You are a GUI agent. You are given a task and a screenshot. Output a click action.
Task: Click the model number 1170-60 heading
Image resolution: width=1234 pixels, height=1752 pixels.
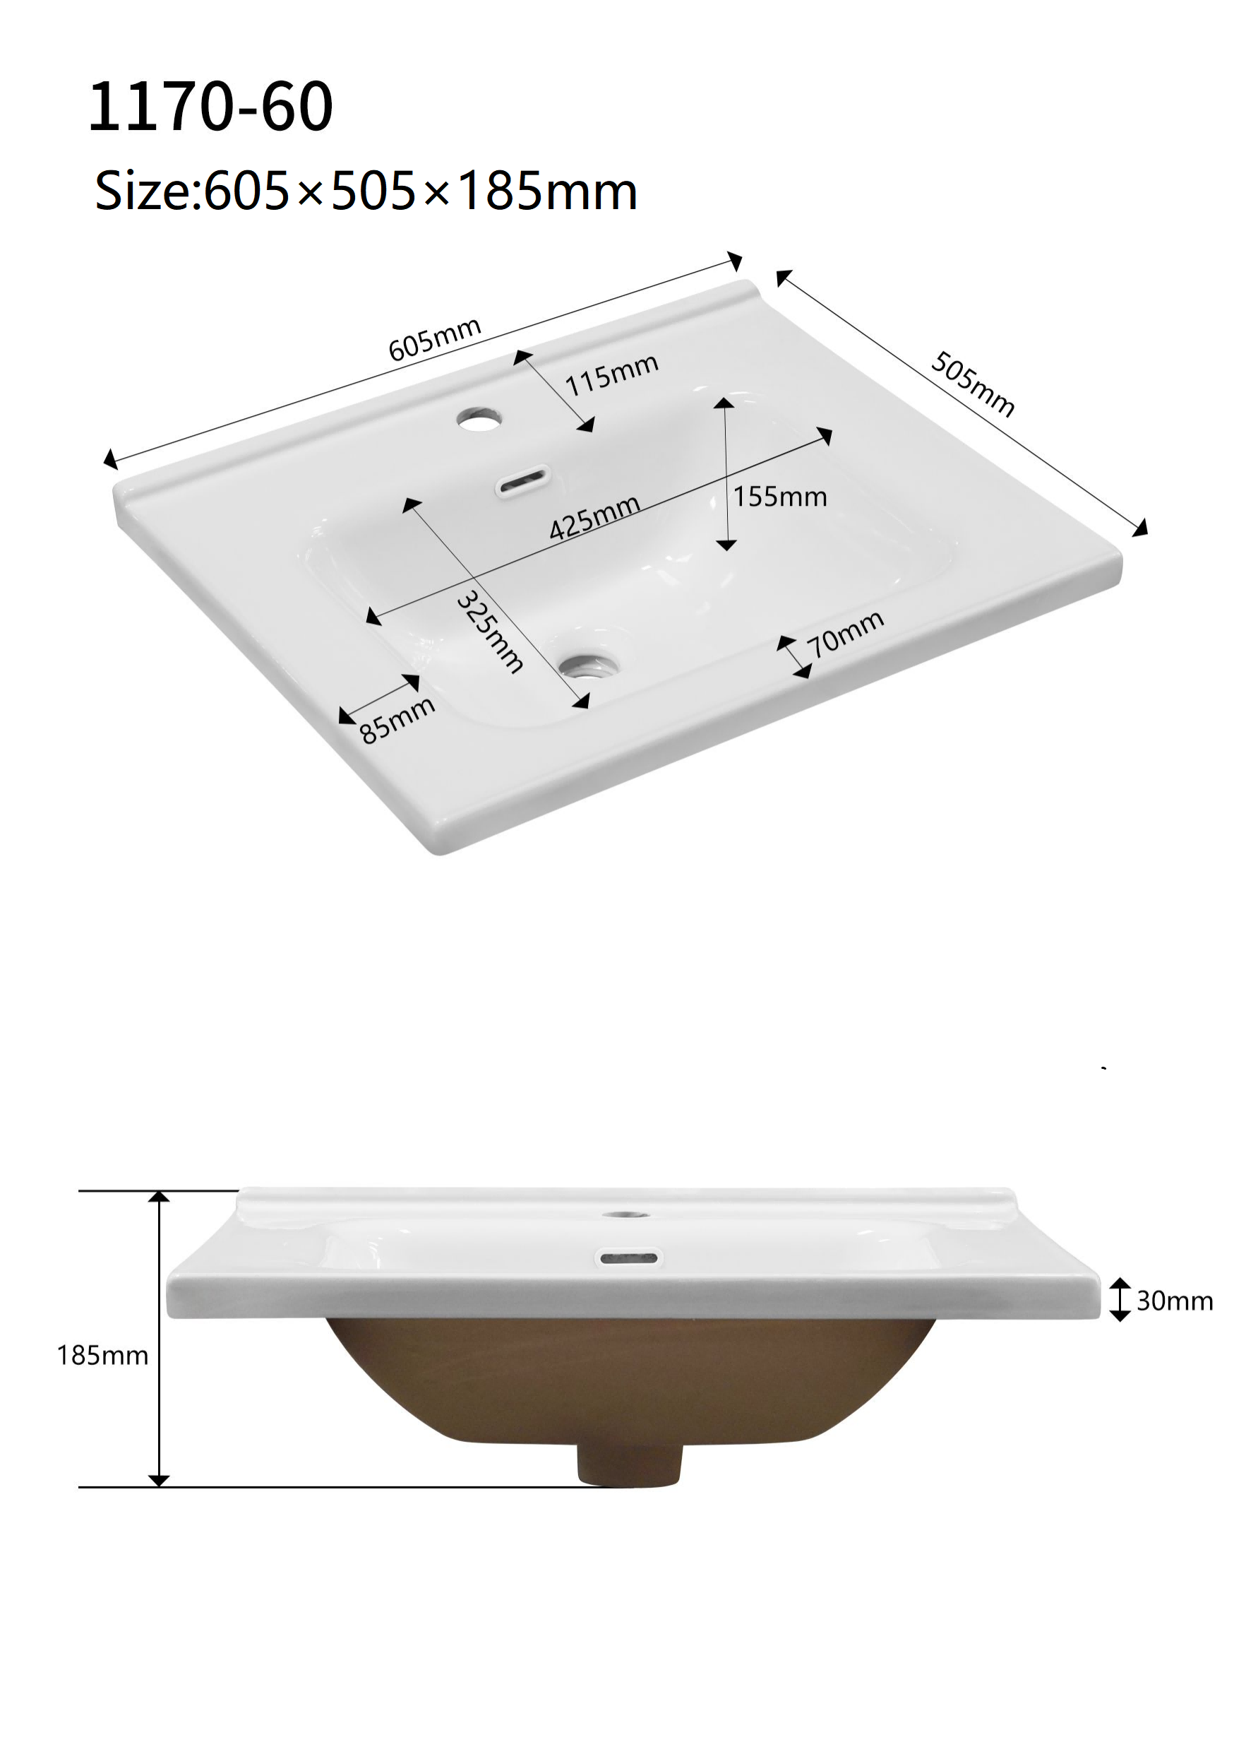pyautogui.click(x=211, y=107)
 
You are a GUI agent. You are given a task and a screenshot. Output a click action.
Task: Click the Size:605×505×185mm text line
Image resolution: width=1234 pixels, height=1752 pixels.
pyautogui.click(x=366, y=190)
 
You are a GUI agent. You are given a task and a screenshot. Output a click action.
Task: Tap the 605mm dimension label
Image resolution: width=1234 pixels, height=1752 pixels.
pyautogui.click(x=435, y=339)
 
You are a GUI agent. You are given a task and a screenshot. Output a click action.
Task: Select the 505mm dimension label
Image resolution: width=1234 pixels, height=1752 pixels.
pyautogui.click(x=972, y=384)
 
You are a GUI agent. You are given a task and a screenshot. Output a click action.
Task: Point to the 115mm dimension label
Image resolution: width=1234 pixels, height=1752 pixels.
pyautogui.click(x=611, y=374)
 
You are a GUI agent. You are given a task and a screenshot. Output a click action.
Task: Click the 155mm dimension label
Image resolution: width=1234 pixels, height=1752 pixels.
pyautogui.click(x=780, y=497)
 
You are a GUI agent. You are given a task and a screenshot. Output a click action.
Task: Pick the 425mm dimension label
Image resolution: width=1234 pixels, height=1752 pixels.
pyautogui.click(x=595, y=517)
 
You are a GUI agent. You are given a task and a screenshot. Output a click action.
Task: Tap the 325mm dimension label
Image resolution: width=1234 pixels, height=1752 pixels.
pyautogui.click(x=489, y=632)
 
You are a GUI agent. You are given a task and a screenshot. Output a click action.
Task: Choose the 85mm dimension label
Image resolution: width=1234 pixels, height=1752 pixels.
pyautogui.click(x=397, y=720)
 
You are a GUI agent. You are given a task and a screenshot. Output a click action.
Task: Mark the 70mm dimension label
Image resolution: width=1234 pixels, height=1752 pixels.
pyautogui.click(x=846, y=634)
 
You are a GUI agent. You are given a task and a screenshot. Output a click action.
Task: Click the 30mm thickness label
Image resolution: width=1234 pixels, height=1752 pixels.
pyautogui.click(x=1175, y=1301)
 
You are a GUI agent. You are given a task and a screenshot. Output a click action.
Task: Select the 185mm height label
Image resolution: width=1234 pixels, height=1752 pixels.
pyautogui.click(x=103, y=1355)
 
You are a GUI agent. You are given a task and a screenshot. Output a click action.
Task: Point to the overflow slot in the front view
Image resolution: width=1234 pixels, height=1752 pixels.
pyautogui.click(x=628, y=1257)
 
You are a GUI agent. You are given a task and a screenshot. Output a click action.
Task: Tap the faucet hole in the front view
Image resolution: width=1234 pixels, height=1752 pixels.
pyautogui.click(x=625, y=1214)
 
